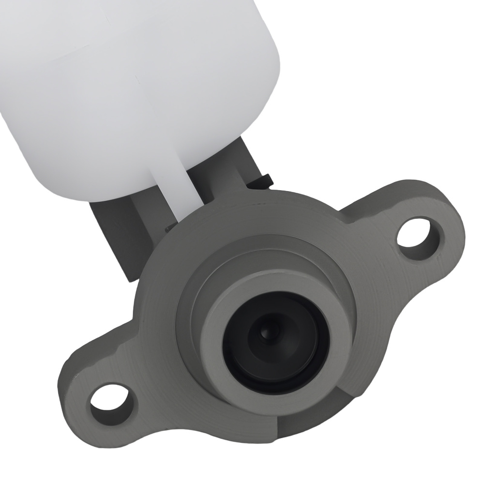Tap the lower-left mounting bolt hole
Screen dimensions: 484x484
tap(110, 403)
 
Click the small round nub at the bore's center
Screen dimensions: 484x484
tap(265, 333)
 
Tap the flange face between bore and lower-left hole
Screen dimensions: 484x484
tap(160, 373)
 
